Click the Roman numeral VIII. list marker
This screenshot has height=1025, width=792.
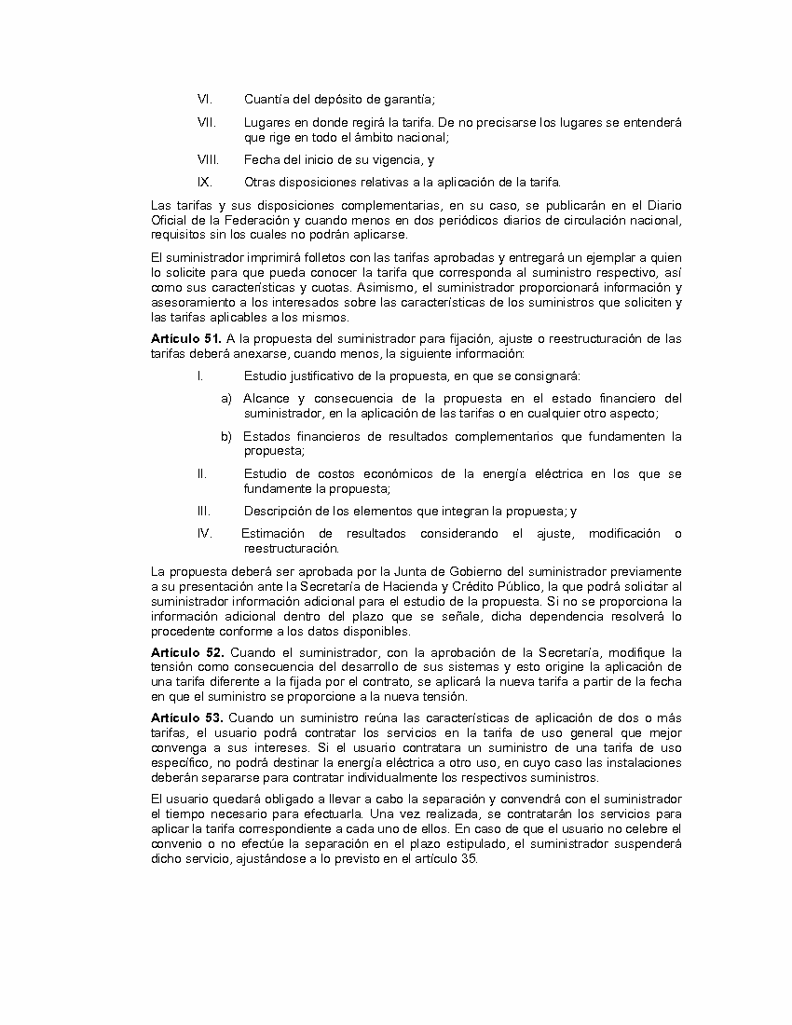click(207, 159)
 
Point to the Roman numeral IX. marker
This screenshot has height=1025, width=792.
click(205, 182)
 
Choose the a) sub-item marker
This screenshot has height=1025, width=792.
click(226, 398)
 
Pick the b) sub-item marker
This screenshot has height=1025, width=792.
click(226, 436)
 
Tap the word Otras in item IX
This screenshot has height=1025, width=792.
click(260, 182)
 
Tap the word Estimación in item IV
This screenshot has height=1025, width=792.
click(272, 533)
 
